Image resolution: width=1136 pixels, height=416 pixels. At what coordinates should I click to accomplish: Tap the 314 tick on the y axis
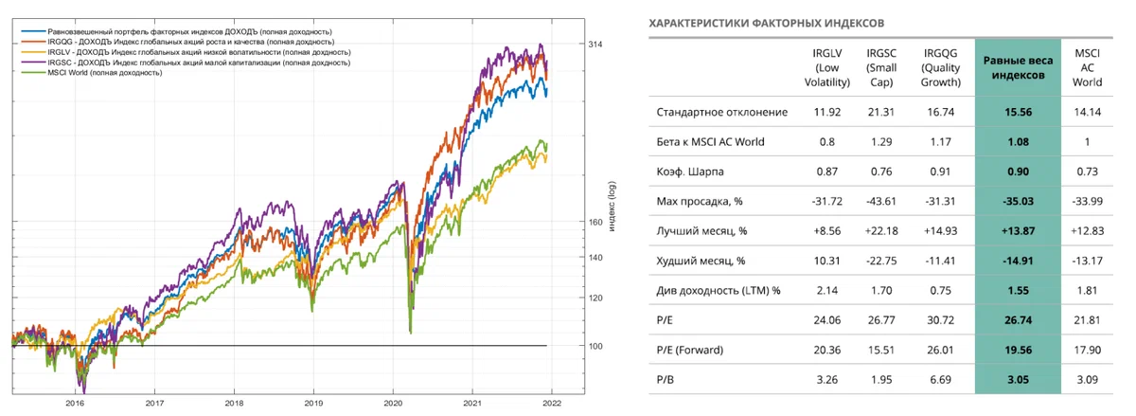595,45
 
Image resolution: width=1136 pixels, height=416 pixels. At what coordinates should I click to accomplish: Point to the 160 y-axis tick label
595,223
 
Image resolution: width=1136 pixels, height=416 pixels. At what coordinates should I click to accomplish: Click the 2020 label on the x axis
392,403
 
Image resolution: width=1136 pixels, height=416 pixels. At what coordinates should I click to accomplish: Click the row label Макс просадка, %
701,201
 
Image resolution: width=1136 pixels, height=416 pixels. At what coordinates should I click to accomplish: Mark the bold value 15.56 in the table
1019,113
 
